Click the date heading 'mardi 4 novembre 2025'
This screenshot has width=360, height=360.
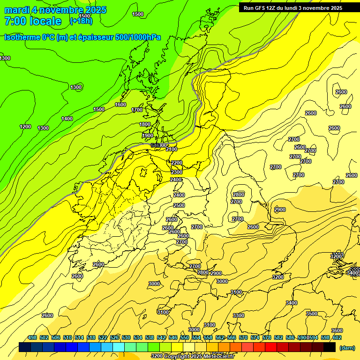click(55, 10)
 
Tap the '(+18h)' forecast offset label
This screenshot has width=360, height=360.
click(81, 21)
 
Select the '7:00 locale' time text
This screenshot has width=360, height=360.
click(33, 21)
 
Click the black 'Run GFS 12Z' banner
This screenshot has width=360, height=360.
click(293, 7)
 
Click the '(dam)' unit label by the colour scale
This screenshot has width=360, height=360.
click(346, 347)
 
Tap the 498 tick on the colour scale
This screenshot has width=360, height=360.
click(32, 337)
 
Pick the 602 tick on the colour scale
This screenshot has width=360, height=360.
click(337, 337)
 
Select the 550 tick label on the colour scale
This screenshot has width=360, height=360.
click(184, 337)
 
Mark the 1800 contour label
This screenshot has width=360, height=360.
click(145, 124)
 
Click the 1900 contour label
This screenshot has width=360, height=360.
click(148, 135)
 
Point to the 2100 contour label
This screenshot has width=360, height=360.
click(171, 149)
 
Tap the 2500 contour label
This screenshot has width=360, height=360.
click(179, 205)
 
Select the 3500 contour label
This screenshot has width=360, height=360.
click(311, 314)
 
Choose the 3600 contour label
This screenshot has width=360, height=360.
click(337, 330)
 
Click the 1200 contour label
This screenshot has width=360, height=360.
click(25, 127)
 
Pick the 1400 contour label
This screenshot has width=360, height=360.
click(67, 119)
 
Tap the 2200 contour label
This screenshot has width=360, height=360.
click(177, 163)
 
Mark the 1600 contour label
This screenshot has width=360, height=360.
click(120, 105)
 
